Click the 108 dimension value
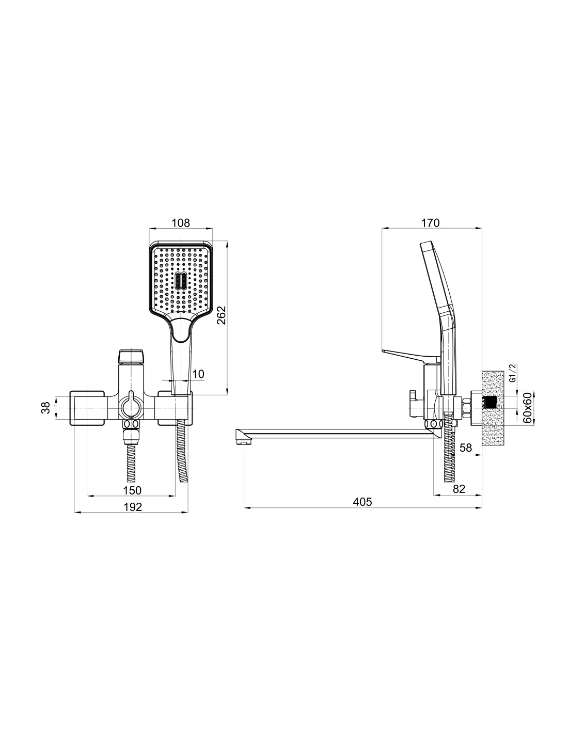click(x=181, y=223)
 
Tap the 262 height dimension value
click(x=222, y=315)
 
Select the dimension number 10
click(x=198, y=374)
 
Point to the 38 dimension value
click(x=45, y=407)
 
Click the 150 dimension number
click(x=132, y=490)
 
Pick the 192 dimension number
click(x=133, y=507)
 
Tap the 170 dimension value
click(x=430, y=223)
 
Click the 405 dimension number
click(x=362, y=502)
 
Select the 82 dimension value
click(x=459, y=489)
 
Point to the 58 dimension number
click(x=466, y=448)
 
